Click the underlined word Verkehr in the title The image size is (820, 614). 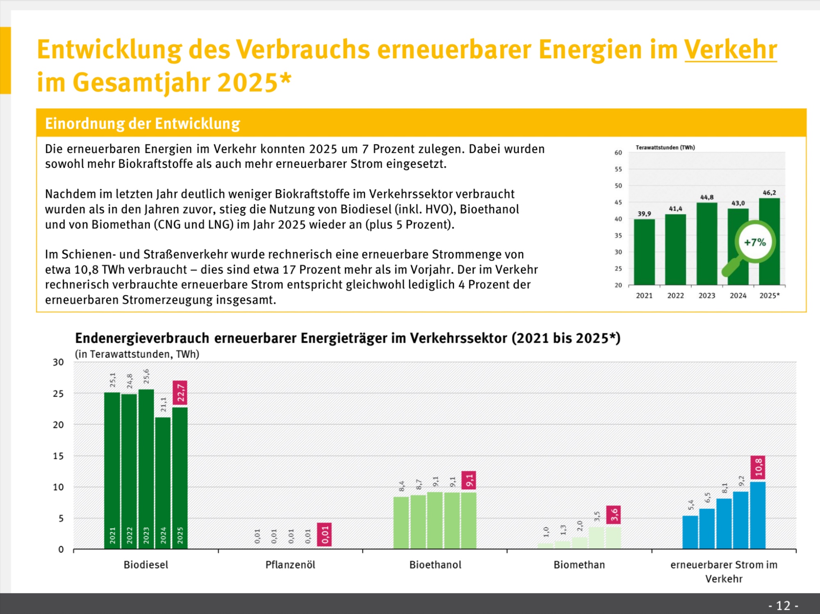click(731, 50)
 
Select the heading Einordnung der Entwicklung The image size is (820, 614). click(142, 123)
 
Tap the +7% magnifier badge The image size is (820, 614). click(755, 242)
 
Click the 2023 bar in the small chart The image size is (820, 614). click(707, 244)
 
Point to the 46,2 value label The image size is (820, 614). click(769, 193)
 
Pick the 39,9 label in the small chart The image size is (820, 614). click(644, 214)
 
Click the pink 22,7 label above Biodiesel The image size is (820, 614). click(180, 393)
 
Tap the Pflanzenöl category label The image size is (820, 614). click(290, 565)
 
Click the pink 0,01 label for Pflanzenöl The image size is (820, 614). click(325, 534)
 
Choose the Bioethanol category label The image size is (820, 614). click(435, 565)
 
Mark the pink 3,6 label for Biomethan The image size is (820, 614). click(613, 514)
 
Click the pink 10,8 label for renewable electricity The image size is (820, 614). click(758, 467)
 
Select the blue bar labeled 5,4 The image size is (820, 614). click(690, 532)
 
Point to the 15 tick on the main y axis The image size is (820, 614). click(58, 456)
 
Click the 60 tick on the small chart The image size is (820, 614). click(618, 153)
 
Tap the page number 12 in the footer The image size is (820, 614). click(783, 605)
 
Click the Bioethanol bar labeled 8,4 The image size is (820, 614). click(401, 523)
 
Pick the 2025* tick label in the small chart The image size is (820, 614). click(769, 295)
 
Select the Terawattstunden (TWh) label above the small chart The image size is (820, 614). click(665, 147)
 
